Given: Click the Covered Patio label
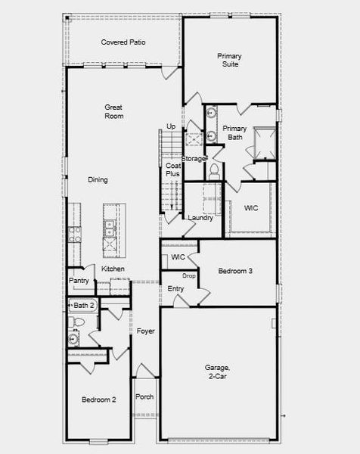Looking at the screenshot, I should click(x=124, y=42).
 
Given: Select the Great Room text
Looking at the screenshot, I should click(x=113, y=112).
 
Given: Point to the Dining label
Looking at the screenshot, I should click(x=98, y=180).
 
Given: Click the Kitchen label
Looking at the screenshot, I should click(x=113, y=269).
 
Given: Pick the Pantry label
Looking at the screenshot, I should click(x=79, y=281).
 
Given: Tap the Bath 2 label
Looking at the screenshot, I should click(x=84, y=305).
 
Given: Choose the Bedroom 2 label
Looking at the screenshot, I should click(x=98, y=400).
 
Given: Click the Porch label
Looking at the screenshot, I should click(x=144, y=397).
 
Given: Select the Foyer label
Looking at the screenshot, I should click(x=145, y=331).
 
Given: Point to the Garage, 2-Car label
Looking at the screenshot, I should click(x=218, y=372).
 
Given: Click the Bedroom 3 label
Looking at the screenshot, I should click(x=235, y=271).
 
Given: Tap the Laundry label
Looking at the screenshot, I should click(x=200, y=218).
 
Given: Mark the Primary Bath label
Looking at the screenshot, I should click(x=234, y=132).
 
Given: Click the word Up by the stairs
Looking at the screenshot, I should click(x=171, y=126).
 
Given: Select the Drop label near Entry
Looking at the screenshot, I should click(x=189, y=275).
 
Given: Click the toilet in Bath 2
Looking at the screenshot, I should click(x=75, y=323).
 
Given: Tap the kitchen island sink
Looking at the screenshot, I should click(x=110, y=225).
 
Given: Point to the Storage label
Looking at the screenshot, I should click(x=194, y=159).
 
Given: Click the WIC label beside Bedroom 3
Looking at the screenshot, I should click(x=178, y=258).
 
